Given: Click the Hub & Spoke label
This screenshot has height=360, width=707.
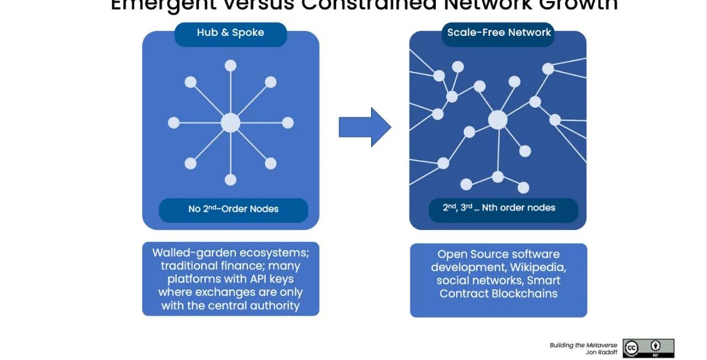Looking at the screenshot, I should point(230,33).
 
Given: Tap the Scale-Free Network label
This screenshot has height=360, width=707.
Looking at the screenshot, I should point(499,33).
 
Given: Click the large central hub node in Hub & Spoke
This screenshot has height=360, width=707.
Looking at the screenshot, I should point(230,123).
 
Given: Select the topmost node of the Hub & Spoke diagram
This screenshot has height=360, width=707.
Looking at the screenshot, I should point(230,66).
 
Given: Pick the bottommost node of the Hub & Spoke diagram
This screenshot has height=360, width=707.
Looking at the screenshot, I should point(230,179).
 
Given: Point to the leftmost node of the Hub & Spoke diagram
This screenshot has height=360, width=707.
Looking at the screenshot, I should point(173,123).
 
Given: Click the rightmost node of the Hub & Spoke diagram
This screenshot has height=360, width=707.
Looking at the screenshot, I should point(287,123).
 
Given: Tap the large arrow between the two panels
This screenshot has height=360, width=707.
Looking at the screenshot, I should point(365,127).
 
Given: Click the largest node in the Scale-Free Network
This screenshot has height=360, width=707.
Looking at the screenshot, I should point(498,120).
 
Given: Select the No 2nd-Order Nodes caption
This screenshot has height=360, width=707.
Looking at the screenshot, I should point(233,209).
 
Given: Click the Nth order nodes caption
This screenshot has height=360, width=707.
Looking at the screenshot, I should point(503,208).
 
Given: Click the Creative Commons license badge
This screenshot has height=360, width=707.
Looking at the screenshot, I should point(648,348).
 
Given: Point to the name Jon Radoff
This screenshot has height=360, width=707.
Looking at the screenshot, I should point(602,352).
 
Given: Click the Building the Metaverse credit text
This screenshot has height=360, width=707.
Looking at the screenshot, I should point(583,345).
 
